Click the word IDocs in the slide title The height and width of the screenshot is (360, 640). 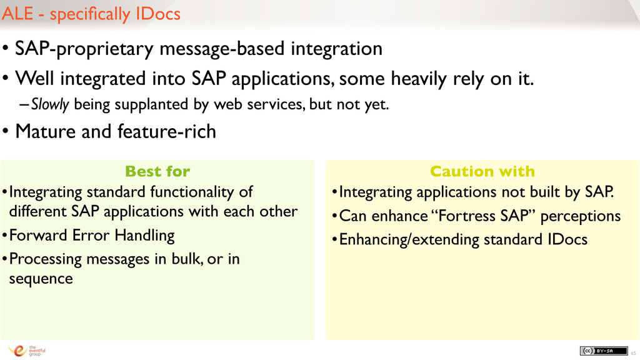coord(158,14)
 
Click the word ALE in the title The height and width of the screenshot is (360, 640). coord(17,14)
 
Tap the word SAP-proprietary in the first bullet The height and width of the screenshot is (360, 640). coord(84,49)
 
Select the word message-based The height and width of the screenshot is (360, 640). coord(222,49)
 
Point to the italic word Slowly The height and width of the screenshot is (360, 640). coord(50,105)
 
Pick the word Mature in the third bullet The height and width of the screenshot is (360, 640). coord(46,131)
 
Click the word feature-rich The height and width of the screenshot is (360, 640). coord(166,131)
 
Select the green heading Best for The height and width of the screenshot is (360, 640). coord(157,171)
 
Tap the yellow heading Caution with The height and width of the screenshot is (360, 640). coord(482,171)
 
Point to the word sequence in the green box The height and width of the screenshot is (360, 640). coord(41,279)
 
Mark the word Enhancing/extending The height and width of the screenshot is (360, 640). coord(409,239)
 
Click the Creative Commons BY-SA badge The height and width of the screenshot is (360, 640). coord(604,351)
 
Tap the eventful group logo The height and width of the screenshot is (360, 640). coord(27,351)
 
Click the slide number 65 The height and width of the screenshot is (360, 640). coord(634,353)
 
